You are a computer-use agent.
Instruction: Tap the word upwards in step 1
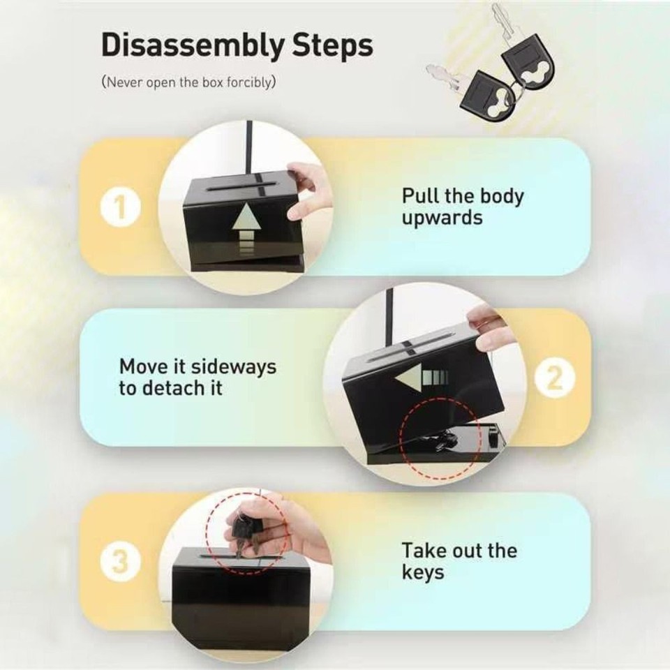point(442,217)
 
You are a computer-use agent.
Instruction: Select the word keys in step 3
point(422,572)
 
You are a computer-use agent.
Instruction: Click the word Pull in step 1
point(419,195)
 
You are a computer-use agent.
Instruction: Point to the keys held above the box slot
point(246,533)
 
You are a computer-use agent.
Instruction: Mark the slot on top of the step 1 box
point(237,189)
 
